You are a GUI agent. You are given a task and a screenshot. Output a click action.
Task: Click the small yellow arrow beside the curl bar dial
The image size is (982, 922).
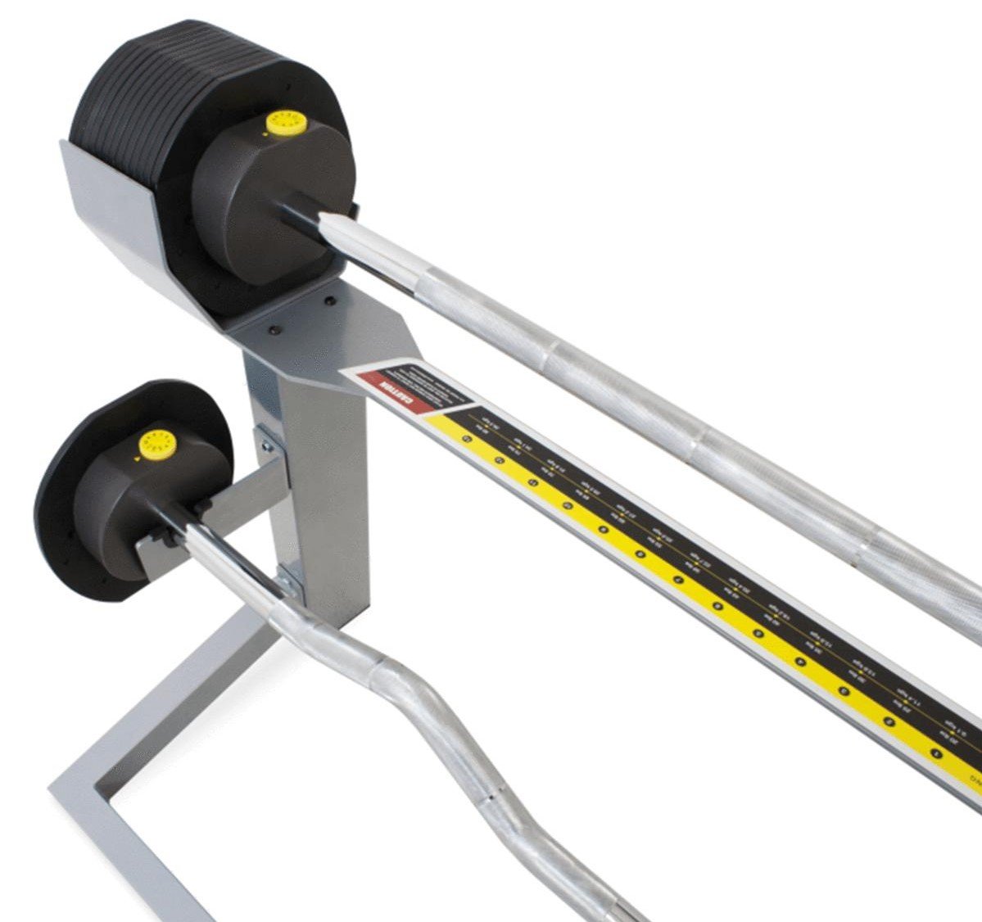[137, 459]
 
